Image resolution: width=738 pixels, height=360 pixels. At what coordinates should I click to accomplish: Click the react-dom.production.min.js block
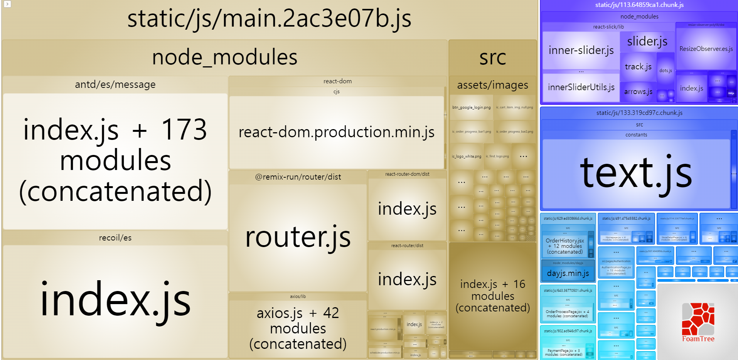pyautogui.click(x=336, y=132)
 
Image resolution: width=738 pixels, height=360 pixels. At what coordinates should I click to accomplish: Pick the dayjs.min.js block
pyautogui.click(x=568, y=273)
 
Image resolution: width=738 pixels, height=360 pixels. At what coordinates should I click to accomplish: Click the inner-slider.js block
pyautogui.click(x=581, y=50)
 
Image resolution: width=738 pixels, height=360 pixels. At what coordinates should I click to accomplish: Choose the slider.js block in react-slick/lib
pyautogui.click(x=647, y=41)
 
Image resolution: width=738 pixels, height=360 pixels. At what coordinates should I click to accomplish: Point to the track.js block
pyautogui.click(x=638, y=67)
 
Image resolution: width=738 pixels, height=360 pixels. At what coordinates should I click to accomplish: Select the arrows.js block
pyautogui.click(x=638, y=92)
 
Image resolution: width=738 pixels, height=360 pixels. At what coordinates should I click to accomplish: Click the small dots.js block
pyautogui.click(x=666, y=71)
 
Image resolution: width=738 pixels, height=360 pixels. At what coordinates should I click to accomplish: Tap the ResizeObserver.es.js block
pyautogui.click(x=706, y=49)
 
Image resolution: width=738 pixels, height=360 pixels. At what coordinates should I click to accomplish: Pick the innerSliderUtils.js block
pyautogui.click(x=581, y=87)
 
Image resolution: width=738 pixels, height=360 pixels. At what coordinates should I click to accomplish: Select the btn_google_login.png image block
pyautogui.click(x=471, y=108)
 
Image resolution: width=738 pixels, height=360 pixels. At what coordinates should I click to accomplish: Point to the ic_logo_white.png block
pyautogui.click(x=467, y=156)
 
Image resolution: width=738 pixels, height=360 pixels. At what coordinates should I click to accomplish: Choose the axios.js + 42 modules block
pyautogui.click(x=298, y=328)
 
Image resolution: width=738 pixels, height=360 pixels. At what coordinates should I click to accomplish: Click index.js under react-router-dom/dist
pyautogui.click(x=407, y=209)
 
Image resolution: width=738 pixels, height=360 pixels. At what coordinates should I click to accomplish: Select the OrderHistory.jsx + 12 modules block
pyautogui.click(x=565, y=246)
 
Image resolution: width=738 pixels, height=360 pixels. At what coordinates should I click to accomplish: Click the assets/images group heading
pyautogui.click(x=492, y=85)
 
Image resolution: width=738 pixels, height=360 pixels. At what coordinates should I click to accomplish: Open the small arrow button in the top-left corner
pyautogui.click(x=7, y=4)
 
